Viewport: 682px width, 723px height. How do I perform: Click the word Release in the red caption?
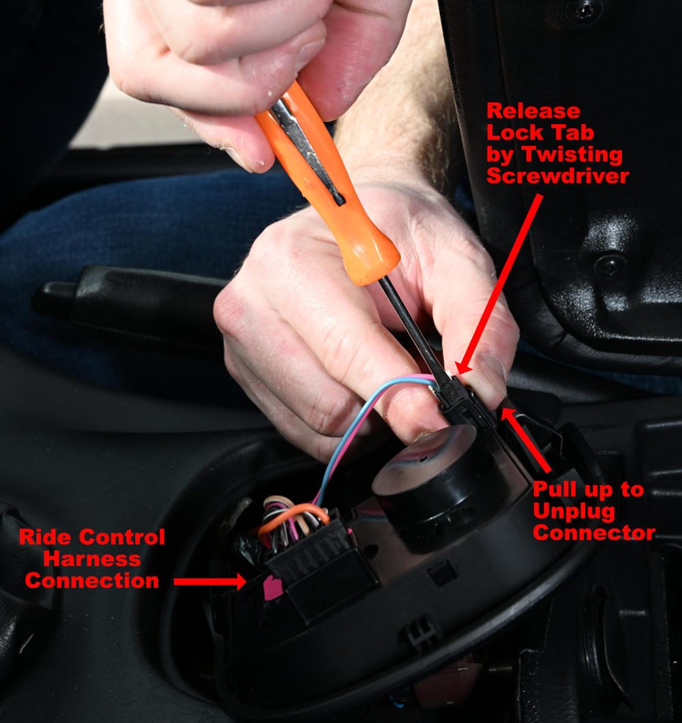coord(533,111)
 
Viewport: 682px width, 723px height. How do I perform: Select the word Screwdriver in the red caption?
coord(557,176)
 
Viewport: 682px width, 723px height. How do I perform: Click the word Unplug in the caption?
coord(574,512)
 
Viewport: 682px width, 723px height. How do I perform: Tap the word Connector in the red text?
coord(593,533)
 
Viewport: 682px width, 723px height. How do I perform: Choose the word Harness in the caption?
coord(92,559)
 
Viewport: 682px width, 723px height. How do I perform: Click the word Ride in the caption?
coord(45,537)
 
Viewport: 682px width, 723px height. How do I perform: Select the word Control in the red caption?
coord(122,537)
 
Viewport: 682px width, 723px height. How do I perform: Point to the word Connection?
coord(92,580)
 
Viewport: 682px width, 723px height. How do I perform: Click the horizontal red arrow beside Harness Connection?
coord(210,581)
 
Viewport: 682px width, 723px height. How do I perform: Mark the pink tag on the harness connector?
coord(272,587)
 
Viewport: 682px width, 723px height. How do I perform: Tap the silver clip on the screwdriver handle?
coord(307,152)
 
